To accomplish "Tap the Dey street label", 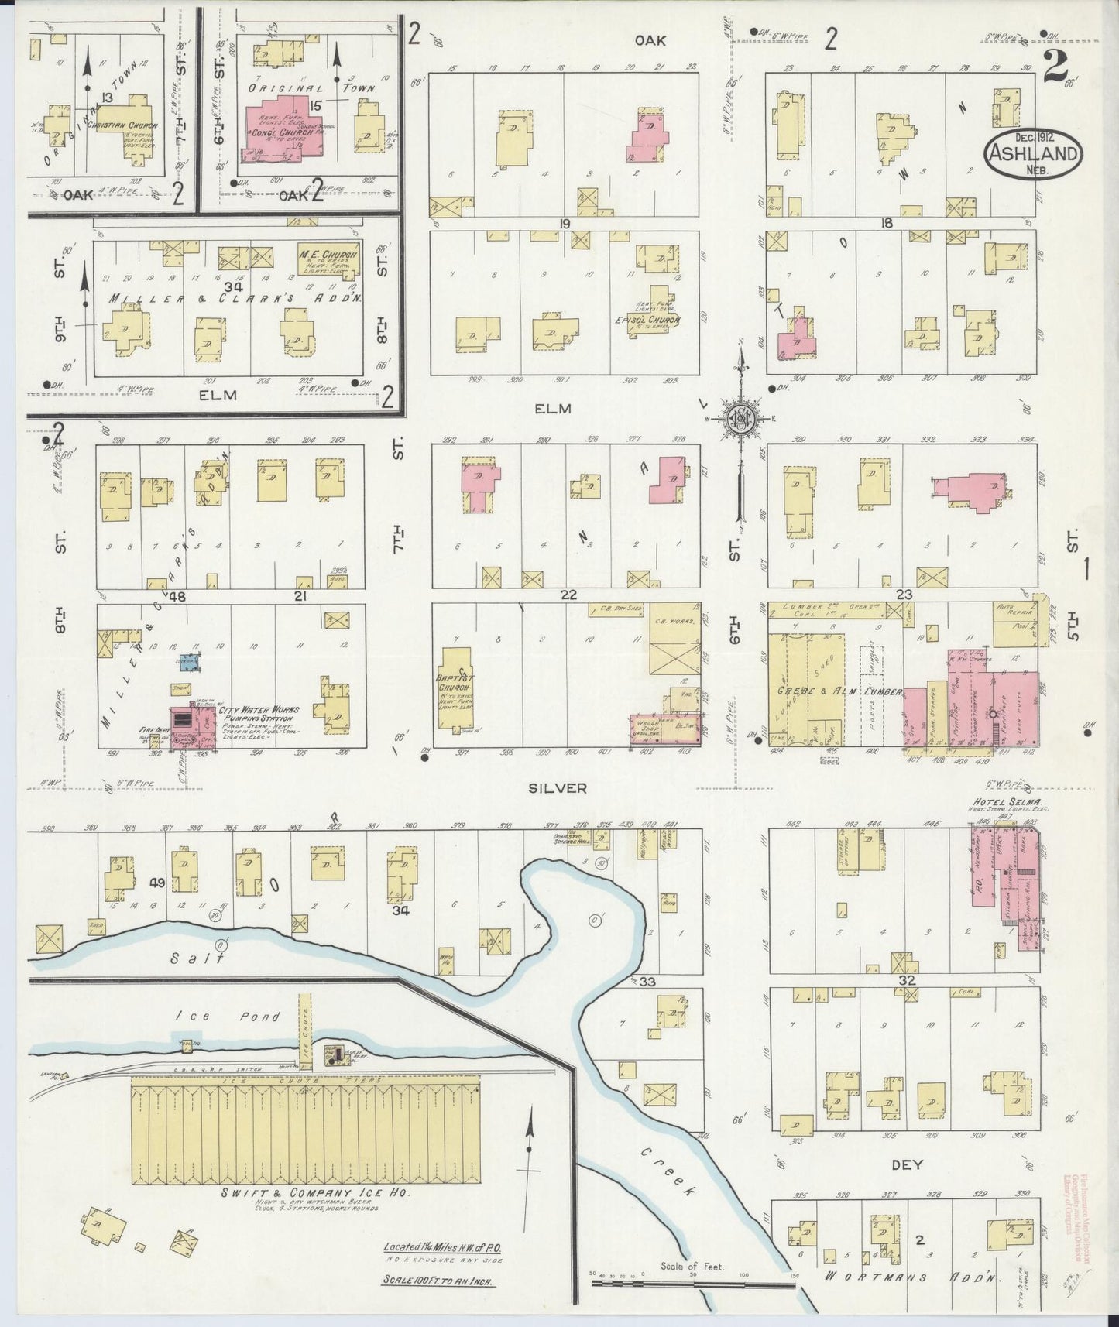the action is (907, 1164).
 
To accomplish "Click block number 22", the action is (568, 595).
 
